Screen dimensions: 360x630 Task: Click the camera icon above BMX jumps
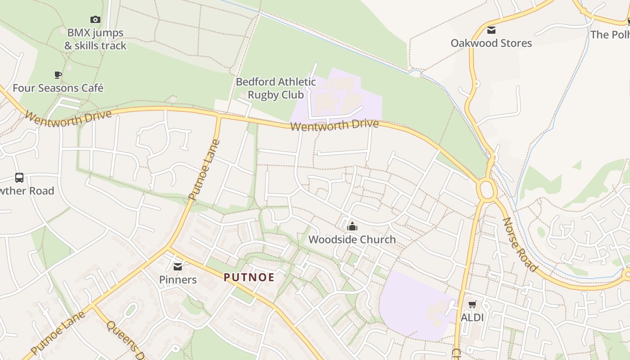pyautogui.click(x=95, y=19)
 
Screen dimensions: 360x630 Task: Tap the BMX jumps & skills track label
pyautogui.click(x=95, y=39)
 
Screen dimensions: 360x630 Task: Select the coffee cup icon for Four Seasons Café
pyautogui.click(x=58, y=75)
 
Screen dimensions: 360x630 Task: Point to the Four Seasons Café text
pyautogui.click(x=58, y=88)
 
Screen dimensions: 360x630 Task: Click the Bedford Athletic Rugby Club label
pyautogui.click(x=276, y=88)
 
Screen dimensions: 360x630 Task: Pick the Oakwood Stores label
pyautogui.click(x=491, y=43)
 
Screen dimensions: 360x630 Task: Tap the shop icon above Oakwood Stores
pyautogui.click(x=491, y=30)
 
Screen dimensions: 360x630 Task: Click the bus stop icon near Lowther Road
pyautogui.click(x=19, y=178)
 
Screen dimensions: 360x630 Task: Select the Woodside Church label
pyautogui.click(x=352, y=239)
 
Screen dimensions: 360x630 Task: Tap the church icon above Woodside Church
pyautogui.click(x=352, y=226)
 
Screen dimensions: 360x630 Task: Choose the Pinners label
pyautogui.click(x=178, y=279)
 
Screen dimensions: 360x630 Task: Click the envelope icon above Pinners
pyautogui.click(x=178, y=267)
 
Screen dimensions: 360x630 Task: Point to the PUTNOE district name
pyautogui.click(x=249, y=277)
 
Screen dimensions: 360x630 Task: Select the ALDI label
pyautogui.click(x=472, y=317)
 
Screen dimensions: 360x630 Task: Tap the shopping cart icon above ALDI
pyautogui.click(x=472, y=305)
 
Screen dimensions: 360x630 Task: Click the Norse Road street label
pyautogui.click(x=520, y=244)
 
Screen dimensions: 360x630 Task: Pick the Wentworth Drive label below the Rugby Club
pyautogui.click(x=334, y=125)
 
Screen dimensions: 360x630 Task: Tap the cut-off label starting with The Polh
pyautogui.click(x=610, y=35)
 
